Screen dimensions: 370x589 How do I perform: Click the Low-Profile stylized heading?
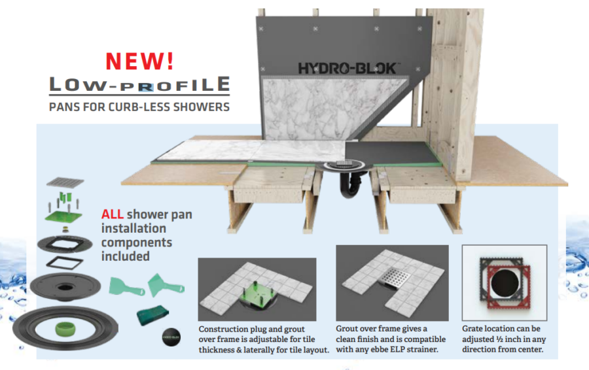(x=140, y=85)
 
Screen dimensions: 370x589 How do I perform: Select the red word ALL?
(x=112, y=214)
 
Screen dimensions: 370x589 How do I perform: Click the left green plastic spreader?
(x=122, y=286)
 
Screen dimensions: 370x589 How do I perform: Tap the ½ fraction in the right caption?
(x=509, y=339)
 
